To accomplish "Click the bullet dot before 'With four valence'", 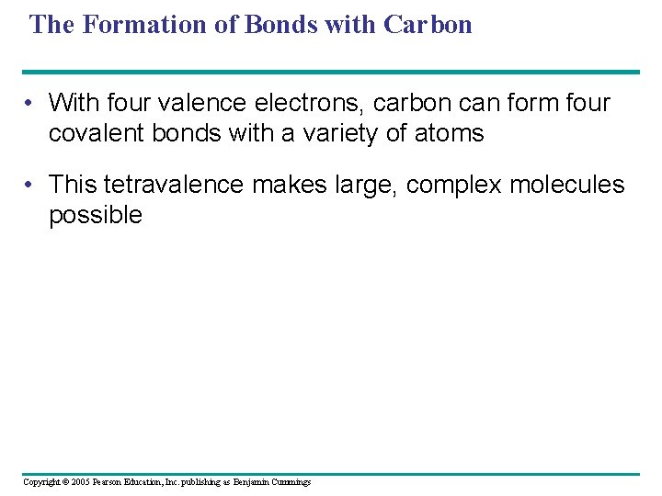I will pos(31,103).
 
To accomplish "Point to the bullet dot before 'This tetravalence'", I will pos(31,185).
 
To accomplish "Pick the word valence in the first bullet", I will pos(199,103).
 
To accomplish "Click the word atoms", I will pos(449,134).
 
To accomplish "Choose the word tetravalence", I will pos(174,185).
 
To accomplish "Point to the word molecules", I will pos(564,185).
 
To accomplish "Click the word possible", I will pos(96,216).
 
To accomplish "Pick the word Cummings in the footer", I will pos(290,482).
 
